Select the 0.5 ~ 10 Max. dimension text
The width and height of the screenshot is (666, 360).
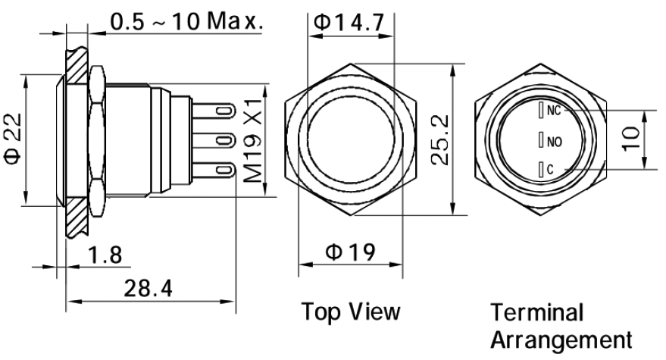[186, 21]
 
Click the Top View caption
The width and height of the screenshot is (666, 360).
[351, 311]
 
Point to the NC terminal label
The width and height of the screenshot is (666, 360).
[553, 111]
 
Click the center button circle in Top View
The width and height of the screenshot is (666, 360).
[351, 141]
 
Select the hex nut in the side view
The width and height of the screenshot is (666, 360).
[97, 141]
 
